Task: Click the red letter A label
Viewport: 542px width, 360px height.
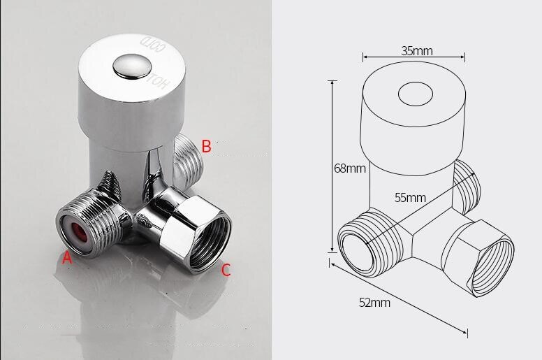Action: tap(68, 257)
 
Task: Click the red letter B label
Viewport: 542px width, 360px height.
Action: tap(206, 146)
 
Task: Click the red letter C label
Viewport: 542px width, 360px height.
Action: tap(226, 271)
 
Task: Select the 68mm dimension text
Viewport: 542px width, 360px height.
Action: tap(349, 168)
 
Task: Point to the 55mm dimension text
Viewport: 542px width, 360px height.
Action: tap(410, 198)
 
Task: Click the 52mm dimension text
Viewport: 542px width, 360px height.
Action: tap(374, 302)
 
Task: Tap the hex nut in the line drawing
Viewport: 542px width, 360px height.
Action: tap(482, 252)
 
